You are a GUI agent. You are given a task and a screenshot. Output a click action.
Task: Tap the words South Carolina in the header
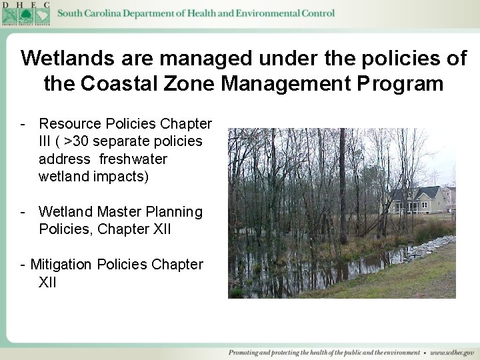point(89,13)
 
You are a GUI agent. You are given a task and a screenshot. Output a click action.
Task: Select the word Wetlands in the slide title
point(65,58)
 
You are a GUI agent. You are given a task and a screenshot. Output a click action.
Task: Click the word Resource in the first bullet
point(69,124)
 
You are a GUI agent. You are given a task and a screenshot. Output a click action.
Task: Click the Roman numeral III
point(47,141)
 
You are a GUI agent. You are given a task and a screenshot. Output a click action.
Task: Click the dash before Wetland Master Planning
point(23,212)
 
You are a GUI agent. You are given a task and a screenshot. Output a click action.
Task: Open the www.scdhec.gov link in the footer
point(454,352)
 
